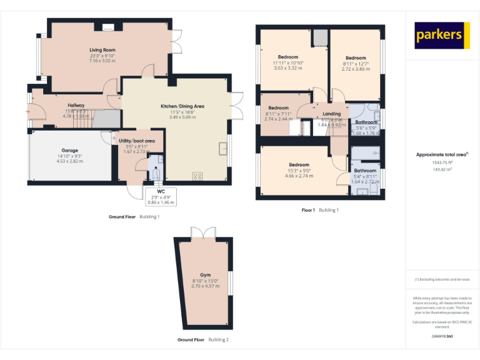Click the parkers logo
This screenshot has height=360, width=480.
pyautogui.click(x=442, y=36)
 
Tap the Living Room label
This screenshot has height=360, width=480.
pyautogui.click(x=102, y=50)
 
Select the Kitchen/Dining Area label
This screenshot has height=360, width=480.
pyautogui.click(x=173, y=106)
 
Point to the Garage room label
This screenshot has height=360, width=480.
pyautogui.click(x=69, y=150)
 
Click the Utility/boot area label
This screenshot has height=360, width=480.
pyautogui.click(x=136, y=141)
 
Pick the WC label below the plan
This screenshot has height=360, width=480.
pyautogui.click(x=161, y=191)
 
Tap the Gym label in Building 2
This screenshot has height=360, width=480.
pyautogui.click(x=205, y=275)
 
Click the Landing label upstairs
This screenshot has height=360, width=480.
pyautogui.click(x=331, y=114)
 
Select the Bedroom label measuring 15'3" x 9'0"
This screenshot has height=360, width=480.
pyautogui.click(x=298, y=164)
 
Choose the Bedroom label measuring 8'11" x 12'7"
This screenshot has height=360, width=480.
pyautogui.click(x=356, y=57)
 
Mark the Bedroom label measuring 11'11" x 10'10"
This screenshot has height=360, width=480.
pyautogui.click(x=288, y=57)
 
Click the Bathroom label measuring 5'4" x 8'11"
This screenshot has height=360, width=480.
pyautogui.click(x=365, y=170)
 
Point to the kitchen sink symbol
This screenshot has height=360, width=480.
pyautogui.click(x=222, y=147)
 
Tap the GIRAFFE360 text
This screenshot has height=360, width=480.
pyautogui.click(x=442, y=336)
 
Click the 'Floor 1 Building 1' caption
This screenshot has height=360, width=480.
pyautogui.click(x=320, y=210)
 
